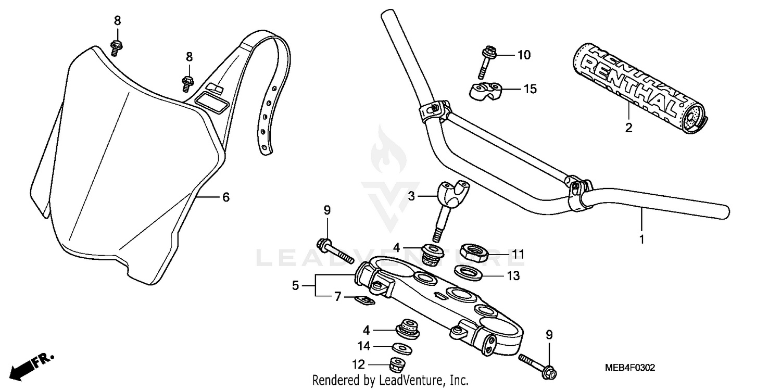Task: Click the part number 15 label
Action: pos(530,89)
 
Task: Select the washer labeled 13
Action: pos(468,272)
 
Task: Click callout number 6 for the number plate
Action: pos(225,197)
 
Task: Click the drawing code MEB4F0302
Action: pos(629,368)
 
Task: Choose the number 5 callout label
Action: pos(295,286)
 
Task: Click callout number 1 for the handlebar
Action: pos(642,240)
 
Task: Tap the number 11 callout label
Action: pos(518,255)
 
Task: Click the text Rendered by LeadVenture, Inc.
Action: pos(390,380)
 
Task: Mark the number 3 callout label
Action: pos(411,196)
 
